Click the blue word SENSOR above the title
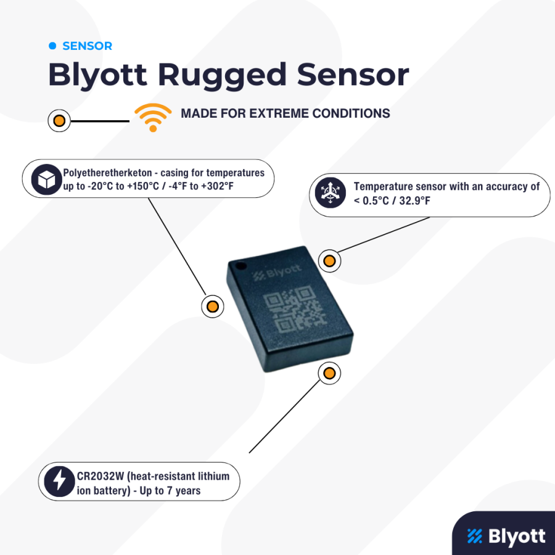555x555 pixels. coord(87,46)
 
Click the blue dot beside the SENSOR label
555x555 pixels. coord(52,46)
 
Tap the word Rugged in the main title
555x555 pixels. coord(221,75)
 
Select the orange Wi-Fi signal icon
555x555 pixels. coord(153,118)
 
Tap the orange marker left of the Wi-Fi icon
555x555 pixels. coord(59,121)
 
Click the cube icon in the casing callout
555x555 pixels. coord(47,179)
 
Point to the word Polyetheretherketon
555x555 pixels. coord(107,173)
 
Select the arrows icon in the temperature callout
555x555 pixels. coord(331,193)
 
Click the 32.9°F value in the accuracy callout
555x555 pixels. coord(415,200)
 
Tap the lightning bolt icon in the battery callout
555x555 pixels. coord(59,482)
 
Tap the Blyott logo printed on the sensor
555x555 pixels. coord(277,273)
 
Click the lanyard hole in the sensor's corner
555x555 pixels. coord(241,265)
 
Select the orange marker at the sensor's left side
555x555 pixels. coord(212,306)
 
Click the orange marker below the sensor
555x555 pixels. coord(329,373)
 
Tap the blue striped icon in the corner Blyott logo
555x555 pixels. coord(475,535)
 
